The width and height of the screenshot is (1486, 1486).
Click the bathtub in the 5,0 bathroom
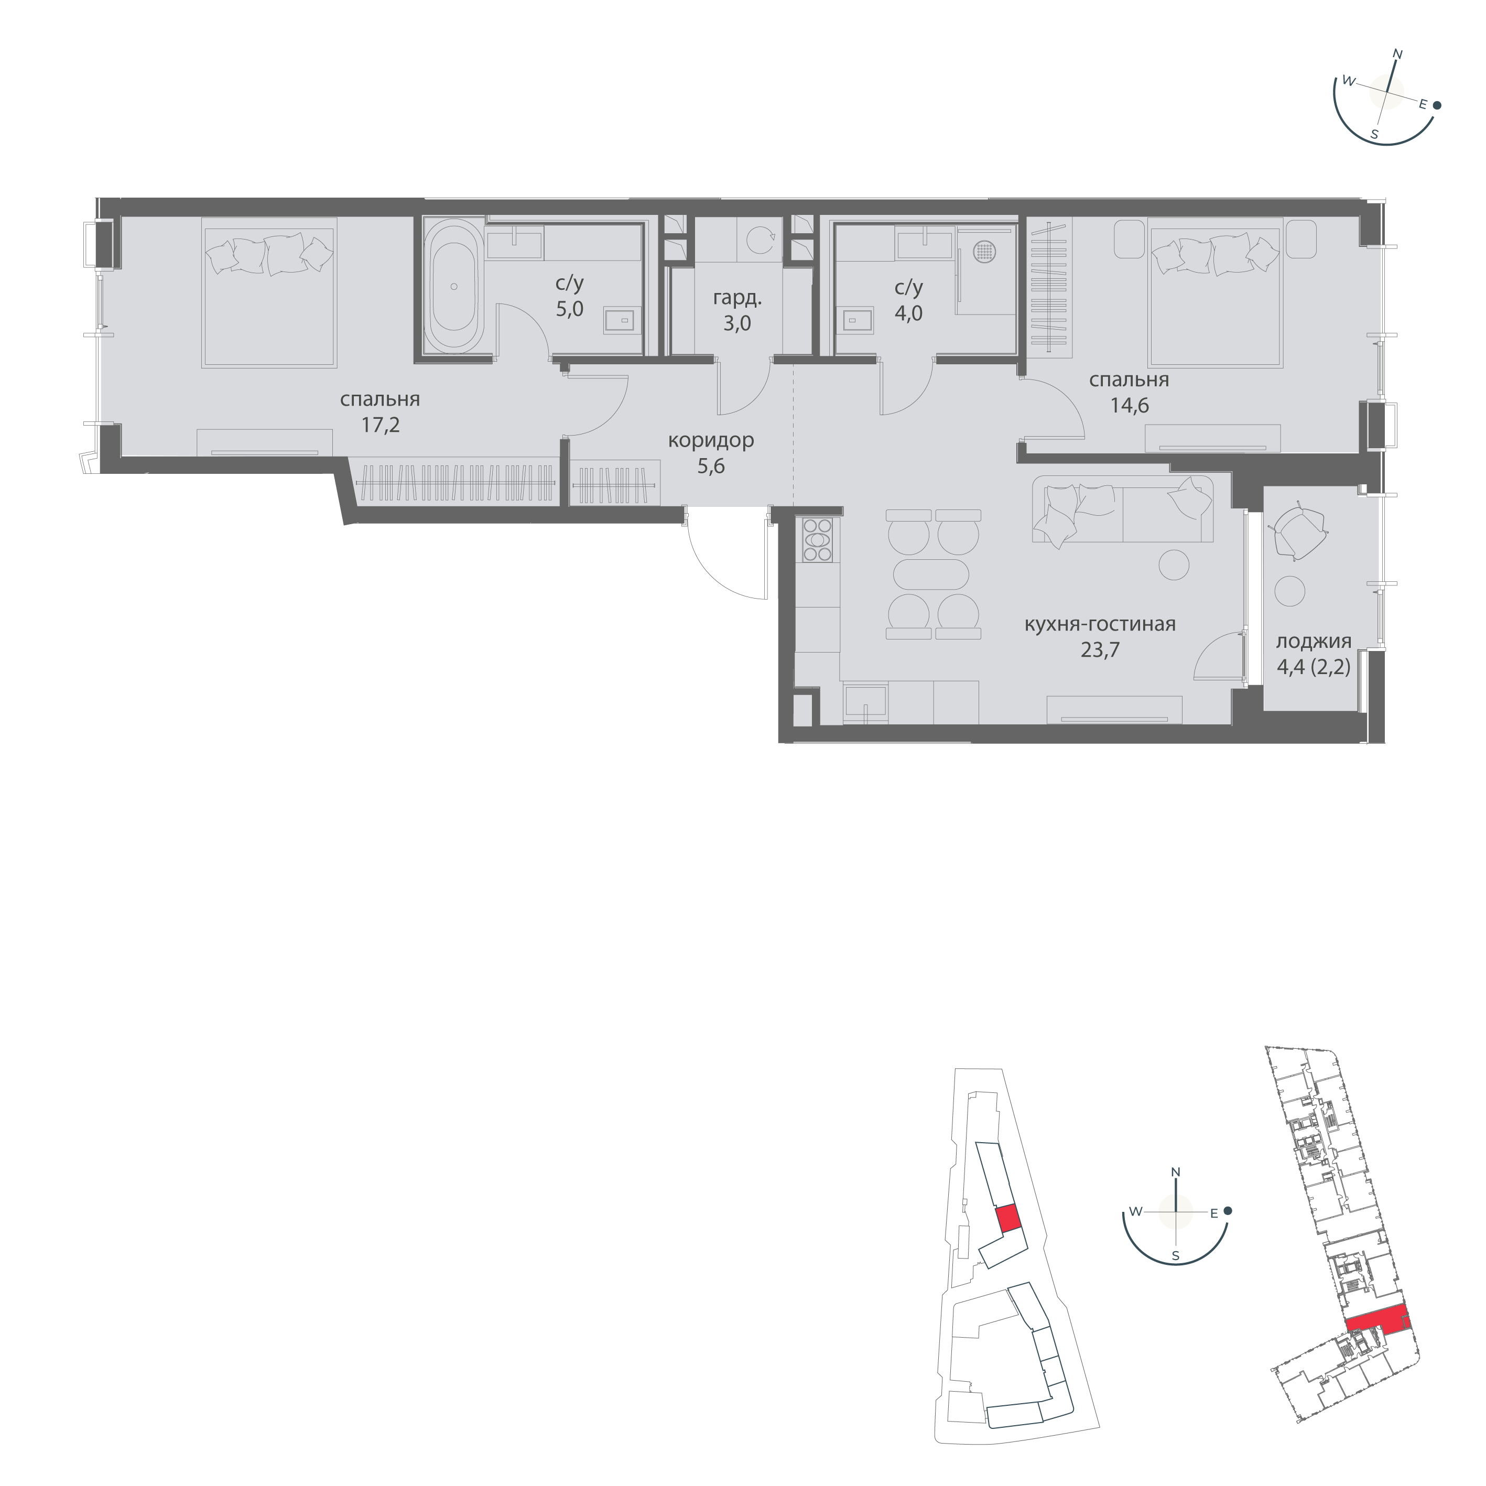454,286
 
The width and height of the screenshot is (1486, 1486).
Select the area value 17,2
381,425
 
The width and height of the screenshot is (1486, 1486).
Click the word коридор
711,441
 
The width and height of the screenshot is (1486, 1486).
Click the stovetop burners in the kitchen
817,540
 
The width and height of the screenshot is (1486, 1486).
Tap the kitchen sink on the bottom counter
865,701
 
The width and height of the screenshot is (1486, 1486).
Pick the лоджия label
1313,642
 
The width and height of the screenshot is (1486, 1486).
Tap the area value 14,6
1129,405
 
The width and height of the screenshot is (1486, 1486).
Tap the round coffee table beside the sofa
1174,566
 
